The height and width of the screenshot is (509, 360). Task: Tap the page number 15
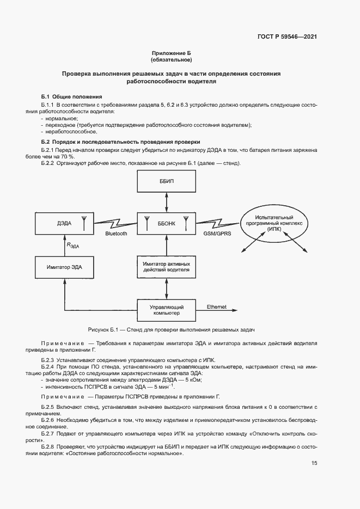pyautogui.click(x=314, y=463)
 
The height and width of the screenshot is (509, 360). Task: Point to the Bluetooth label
pyautogui.click(x=115, y=234)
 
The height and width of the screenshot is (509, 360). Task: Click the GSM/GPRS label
pyautogui.click(x=216, y=234)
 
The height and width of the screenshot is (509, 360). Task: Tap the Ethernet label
pyautogui.click(x=216, y=306)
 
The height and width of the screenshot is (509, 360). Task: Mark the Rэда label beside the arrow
pyautogui.click(x=73, y=246)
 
